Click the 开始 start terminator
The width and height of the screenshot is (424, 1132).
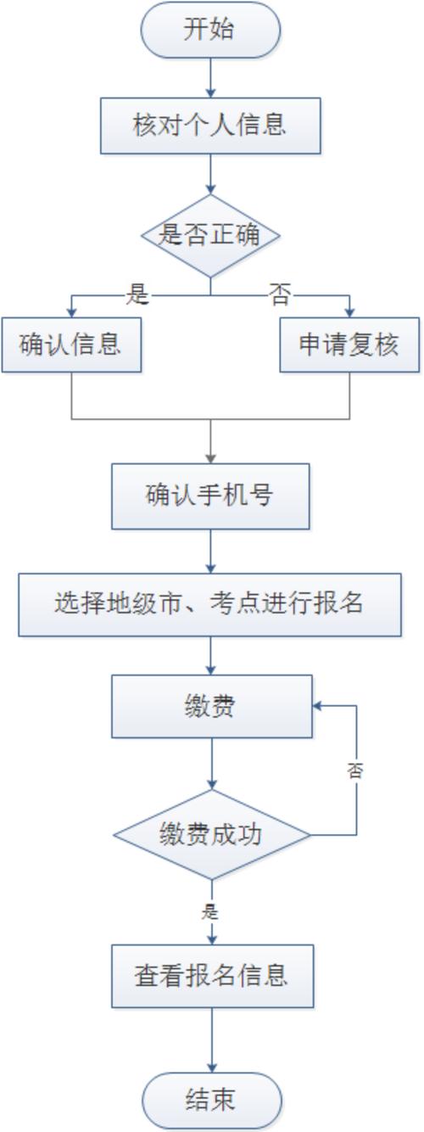[x=210, y=30]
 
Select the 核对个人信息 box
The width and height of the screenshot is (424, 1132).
[x=210, y=126]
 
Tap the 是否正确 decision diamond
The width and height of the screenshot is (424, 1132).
[x=210, y=235]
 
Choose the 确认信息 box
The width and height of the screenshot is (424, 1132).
[x=71, y=345]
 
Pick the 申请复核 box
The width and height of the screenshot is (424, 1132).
[x=349, y=345]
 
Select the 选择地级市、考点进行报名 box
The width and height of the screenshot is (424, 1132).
[x=210, y=604]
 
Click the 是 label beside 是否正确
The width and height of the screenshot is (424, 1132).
[x=137, y=294]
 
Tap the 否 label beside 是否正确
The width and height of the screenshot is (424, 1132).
[x=280, y=294]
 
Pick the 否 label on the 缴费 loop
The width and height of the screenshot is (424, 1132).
[x=356, y=771]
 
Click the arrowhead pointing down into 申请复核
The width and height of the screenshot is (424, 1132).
[x=349, y=311]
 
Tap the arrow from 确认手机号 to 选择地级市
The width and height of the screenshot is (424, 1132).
[x=210, y=552]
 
